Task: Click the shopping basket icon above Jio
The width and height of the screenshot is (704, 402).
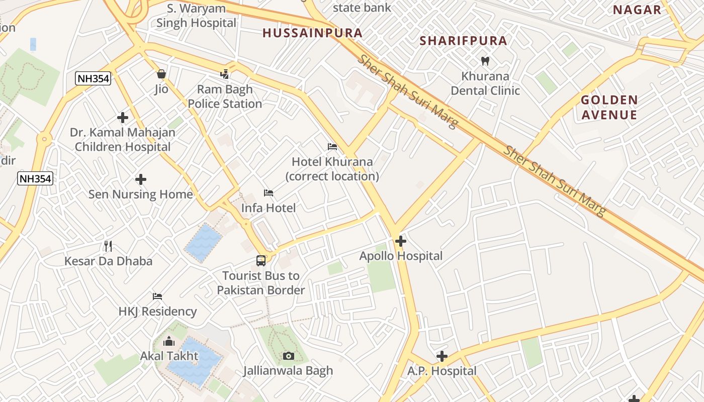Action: click(x=161, y=74)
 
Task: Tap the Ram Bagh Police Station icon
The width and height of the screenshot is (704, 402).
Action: click(x=225, y=74)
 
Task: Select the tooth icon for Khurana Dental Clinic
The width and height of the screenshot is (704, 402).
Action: click(x=485, y=61)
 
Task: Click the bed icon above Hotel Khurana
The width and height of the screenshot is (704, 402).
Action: click(x=332, y=147)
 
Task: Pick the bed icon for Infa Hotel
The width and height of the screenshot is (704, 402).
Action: click(x=269, y=193)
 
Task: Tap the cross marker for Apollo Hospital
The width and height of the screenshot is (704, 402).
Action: click(x=401, y=242)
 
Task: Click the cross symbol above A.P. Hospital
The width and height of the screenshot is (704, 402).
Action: click(x=442, y=356)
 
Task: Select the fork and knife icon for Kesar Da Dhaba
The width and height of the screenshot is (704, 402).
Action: click(x=108, y=246)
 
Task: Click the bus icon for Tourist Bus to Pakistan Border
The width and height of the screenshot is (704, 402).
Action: click(x=261, y=261)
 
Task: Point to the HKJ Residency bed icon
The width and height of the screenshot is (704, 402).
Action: click(x=157, y=296)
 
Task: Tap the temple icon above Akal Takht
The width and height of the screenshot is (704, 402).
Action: click(x=169, y=342)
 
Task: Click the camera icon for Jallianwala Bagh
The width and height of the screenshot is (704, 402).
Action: click(x=289, y=356)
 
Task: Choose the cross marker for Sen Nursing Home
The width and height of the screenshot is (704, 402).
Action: click(x=141, y=179)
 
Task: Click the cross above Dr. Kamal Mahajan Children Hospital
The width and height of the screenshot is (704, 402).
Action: click(x=123, y=118)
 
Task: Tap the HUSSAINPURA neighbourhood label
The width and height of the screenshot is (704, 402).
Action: click(x=312, y=33)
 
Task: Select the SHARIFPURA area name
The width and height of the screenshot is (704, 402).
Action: click(x=463, y=41)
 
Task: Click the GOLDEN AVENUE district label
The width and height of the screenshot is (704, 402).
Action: click(x=609, y=107)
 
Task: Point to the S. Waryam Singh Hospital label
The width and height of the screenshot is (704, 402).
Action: click(x=196, y=16)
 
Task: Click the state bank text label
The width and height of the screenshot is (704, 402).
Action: click(x=362, y=8)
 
